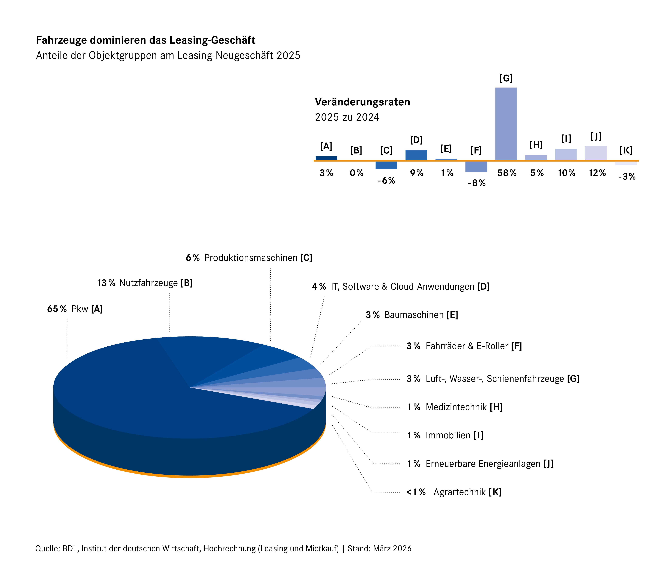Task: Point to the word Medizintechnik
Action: [x=456, y=407]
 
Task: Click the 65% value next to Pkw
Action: [x=57, y=309]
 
